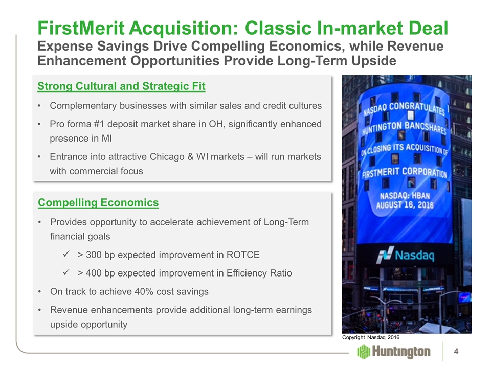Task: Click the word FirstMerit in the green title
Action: (x=81, y=28)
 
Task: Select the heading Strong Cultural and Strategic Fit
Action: (x=121, y=86)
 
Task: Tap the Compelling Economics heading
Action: (x=98, y=203)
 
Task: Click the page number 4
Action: (x=456, y=352)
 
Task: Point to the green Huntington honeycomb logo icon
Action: (x=364, y=352)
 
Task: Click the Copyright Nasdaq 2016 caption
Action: (x=371, y=337)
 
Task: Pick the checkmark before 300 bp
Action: (x=66, y=255)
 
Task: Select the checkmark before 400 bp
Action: (x=66, y=272)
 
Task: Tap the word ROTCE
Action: (x=243, y=255)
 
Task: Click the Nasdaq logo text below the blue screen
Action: (x=414, y=256)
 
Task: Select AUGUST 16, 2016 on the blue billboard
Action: (x=405, y=205)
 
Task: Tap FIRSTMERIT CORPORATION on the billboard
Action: (x=405, y=172)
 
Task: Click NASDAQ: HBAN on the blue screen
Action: (x=405, y=196)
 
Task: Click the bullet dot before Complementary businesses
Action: (x=39, y=106)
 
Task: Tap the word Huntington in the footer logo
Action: (x=401, y=352)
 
